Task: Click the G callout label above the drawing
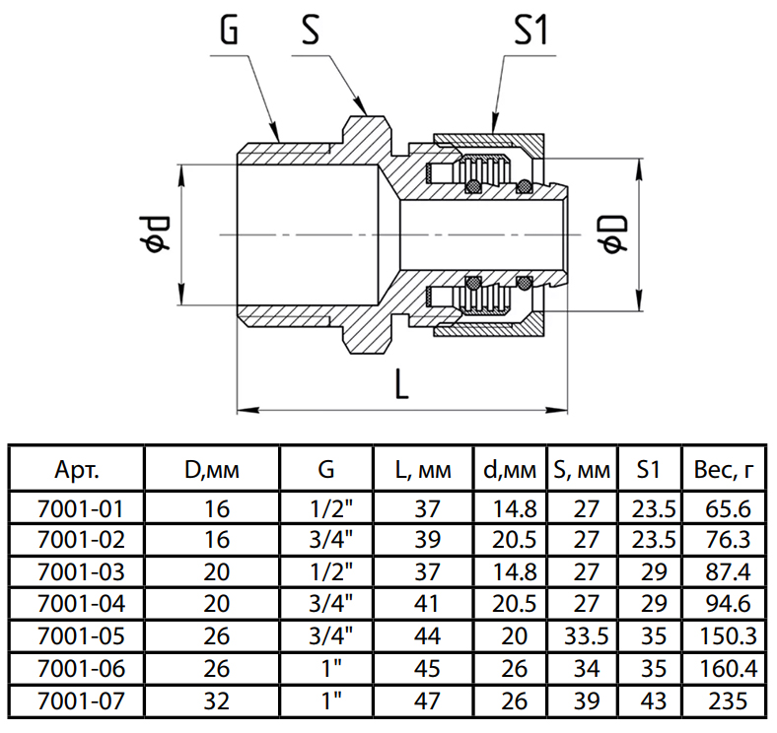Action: (x=228, y=33)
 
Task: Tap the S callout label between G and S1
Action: (x=311, y=33)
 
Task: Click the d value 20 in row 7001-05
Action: (x=507, y=634)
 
